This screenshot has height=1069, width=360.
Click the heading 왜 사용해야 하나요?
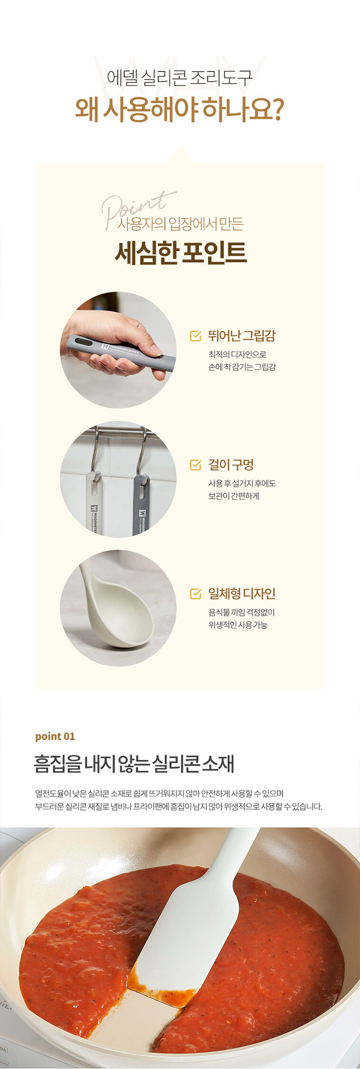coord(180,109)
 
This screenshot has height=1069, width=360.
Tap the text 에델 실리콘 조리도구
coord(180,77)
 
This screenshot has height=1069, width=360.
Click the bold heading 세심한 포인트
coord(180,253)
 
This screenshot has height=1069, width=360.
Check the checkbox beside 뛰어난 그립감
coord(195,336)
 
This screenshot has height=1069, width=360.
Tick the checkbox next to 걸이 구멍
coord(195,464)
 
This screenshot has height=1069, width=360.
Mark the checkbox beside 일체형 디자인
coord(195,593)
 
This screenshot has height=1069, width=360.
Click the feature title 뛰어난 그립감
coord(242,336)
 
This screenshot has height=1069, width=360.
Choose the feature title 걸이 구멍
coord(231,464)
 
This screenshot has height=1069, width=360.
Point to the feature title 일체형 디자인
coord(242,593)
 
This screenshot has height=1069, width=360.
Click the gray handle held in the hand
coord(121,351)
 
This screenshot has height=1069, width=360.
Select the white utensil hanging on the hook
coord(94,503)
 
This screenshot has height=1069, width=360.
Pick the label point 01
coord(55,736)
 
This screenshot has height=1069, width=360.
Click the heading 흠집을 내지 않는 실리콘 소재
coord(134,764)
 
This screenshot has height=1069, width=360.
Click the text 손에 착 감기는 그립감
coord(242,367)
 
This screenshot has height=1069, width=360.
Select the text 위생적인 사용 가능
coord(238,624)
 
